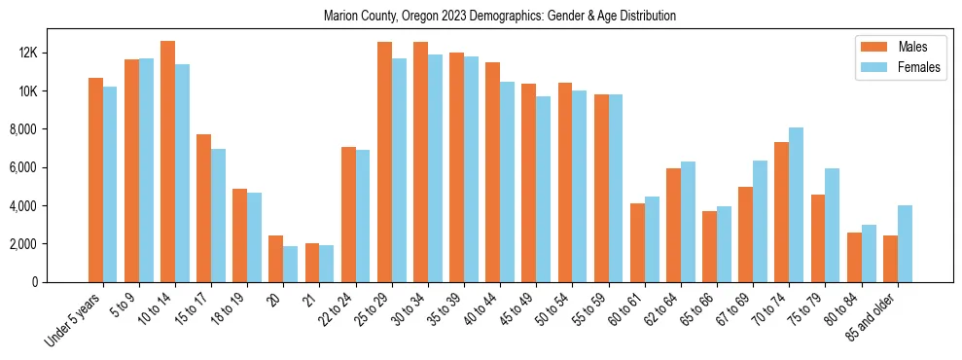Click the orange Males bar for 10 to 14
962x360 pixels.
[x=167, y=162]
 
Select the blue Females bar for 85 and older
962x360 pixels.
[x=905, y=243]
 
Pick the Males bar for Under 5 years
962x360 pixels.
[x=95, y=180]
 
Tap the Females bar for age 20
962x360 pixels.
[x=291, y=264]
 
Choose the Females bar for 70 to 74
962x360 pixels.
[x=796, y=204]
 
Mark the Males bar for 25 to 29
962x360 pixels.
[x=384, y=162]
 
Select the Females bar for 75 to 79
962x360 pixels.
[x=832, y=225]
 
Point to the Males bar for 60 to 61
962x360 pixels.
[x=637, y=242]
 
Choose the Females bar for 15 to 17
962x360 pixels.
[x=219, y=215]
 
